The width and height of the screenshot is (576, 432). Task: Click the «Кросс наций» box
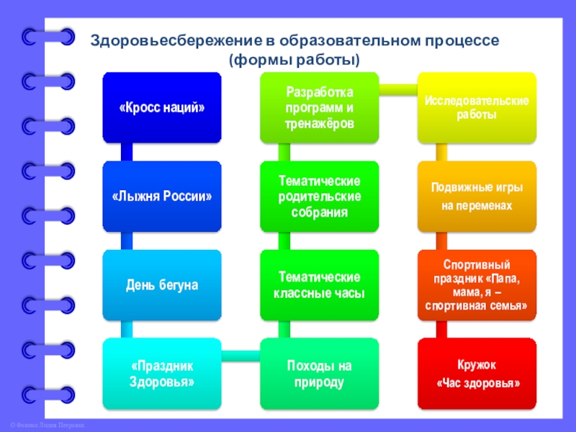pos(162,107)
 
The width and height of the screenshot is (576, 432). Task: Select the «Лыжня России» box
pos(162,196)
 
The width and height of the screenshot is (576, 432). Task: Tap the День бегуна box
pos(162,285)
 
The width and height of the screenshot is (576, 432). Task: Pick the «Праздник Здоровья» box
pos(162,374)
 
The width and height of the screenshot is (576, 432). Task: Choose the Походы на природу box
pos(319,374)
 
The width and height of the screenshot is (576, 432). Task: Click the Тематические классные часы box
pos(319,285)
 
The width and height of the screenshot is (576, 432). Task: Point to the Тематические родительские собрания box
pos(319,196)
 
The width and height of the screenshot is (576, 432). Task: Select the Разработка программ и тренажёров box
pos(319,107)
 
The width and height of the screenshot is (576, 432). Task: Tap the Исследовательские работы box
pos(477,107)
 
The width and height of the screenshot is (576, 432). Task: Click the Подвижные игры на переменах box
pos(477,196)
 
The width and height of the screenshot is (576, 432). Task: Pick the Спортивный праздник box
pos(477,285)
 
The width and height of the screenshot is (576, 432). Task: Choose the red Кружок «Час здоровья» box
pos(477,374)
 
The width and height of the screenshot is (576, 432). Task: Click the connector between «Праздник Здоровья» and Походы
pos(240,354)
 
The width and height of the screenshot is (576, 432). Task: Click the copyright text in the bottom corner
pos(43,426)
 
